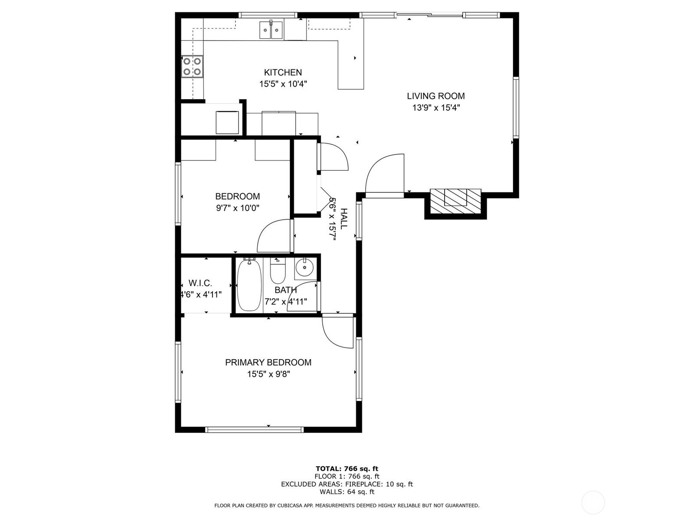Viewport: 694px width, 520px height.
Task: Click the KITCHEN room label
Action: pyautogui.click(x=283, y=73)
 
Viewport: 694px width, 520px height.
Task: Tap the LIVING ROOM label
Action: pyautogui.click(x=435, y=96)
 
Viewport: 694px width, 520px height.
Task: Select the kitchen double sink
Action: pyautogui.click(x=271, y=30)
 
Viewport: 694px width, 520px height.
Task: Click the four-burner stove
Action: pyautogui.click(x=192, y=66)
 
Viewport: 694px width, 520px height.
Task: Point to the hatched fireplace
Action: pyautogui.click(x=455, y=201)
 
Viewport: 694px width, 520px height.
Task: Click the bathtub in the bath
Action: pyautogui.click(x=249, y=285)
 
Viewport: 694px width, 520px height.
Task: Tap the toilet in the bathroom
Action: pyautogui.click(x=278, y=270)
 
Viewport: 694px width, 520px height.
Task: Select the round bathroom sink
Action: pyautogui.click(x=305, y=268)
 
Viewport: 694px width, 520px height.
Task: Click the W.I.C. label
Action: pyautogui.click(x=200, y=283)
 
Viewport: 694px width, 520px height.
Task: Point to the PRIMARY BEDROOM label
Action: pyautogui.click(x=268, y=362)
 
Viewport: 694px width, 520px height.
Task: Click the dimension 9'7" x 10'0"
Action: pyautogui.click(x=237, y=208)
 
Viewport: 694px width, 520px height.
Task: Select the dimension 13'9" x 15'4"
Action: pyautogui.click(x=435, y=108)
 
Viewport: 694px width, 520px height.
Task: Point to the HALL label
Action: pyautogui.click(x=344, y=219)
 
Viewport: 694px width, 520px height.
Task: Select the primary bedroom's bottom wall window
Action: pyautogui.click(x=254, y=429)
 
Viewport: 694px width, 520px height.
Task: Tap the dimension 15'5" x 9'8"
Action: pyautogui.click(x=268, y=374)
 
